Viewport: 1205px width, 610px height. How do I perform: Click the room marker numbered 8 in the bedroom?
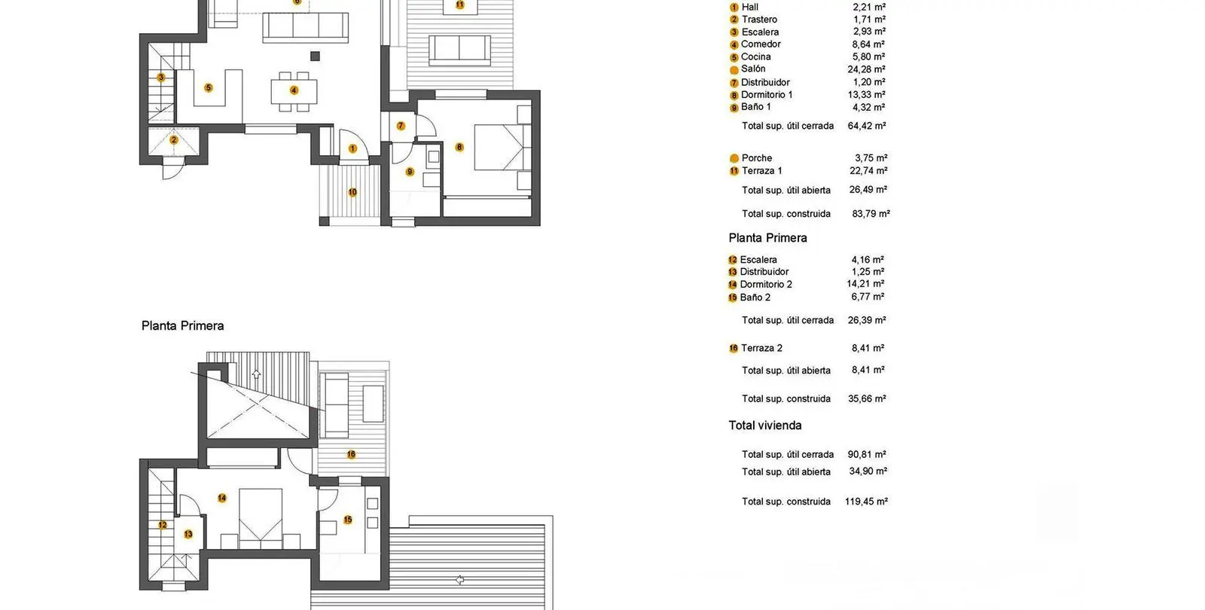(x=459, y=147)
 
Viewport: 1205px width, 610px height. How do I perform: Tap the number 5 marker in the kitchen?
(x=208, y=87)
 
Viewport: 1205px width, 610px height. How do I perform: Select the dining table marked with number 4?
(x=294, y=91)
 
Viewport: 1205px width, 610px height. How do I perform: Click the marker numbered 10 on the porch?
(x=352, y=192)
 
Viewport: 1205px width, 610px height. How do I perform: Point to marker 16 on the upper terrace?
(x=351, y=455)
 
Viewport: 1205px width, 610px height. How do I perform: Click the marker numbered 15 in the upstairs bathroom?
(x=347, y=520)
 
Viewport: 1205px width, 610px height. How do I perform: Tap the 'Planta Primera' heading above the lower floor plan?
(x=182, y=325)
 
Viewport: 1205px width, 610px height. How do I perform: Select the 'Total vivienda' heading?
(x=765, y=425)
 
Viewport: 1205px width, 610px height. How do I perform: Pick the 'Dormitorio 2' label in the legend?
(x=766, y=285)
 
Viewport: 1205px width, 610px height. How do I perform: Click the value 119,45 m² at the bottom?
(x=866, y=502)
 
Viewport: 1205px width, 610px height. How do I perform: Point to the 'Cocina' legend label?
(x=756, y=56)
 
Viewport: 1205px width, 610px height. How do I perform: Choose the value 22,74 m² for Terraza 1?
(x=868, y=170)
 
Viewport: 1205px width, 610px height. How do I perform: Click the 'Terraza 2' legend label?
(x=761, y=348)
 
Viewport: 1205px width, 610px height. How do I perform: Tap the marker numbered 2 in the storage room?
(x=173, y=140)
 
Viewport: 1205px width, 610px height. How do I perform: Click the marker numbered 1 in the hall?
(x=352, y=148)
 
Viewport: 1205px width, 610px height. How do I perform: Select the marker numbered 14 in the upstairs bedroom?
(x=221, y=498)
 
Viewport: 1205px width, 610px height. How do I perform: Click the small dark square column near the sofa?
(x=316, y=56)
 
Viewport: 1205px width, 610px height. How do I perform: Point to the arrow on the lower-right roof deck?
(x=459, y=580)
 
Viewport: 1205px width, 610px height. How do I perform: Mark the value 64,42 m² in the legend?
(x=867, y=126)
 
